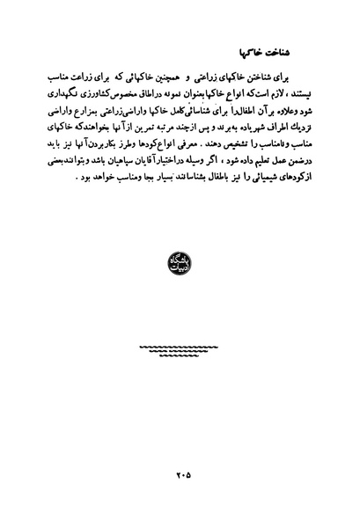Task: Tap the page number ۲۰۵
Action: [x=181, y=476]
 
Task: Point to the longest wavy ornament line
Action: [x=181, y=348]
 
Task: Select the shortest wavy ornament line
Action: [x=181, y=358]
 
